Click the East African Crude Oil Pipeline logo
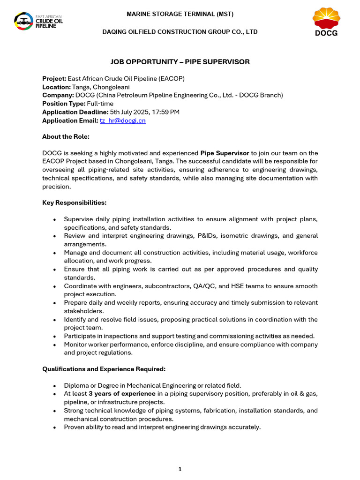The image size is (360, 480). [38, 21]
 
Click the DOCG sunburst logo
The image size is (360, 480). [326, 22]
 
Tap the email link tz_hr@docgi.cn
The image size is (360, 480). [122, 120]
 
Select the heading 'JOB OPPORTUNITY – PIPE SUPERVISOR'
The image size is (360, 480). [180, 62]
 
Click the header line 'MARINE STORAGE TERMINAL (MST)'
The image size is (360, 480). [180, 14]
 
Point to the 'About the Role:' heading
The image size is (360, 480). [66, 136]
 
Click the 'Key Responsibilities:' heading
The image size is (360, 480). [74, 202]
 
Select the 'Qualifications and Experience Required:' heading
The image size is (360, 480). [104, 369]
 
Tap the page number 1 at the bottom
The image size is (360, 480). [180, 469]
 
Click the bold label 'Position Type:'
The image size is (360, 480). [63, 104]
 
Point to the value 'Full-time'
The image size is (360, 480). [100, 104]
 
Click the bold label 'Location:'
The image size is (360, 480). [56, 87]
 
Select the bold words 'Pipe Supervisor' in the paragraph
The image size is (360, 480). [225, 153]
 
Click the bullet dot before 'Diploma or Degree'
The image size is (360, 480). [55, 386]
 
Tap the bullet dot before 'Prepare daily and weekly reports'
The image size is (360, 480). [55, 303]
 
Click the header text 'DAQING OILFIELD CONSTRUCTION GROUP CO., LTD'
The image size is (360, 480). [180, 32]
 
